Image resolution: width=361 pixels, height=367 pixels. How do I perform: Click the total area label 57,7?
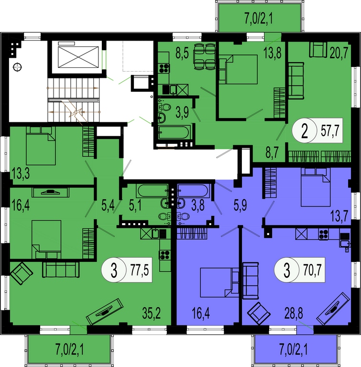point(330,130)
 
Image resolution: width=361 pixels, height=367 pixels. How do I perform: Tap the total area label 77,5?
point(140,270)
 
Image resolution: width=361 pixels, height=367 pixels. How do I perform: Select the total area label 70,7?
point(313,270)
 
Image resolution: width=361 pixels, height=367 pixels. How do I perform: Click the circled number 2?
point(304,131)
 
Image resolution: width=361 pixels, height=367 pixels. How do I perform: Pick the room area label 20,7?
point(339,53)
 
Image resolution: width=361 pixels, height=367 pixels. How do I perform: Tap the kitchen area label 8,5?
point(182,53)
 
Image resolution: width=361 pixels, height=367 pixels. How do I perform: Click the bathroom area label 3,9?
point(182,112)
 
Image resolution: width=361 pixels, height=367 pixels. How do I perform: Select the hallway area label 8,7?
point(272,153)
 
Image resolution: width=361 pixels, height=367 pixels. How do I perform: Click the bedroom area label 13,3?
point(21,174)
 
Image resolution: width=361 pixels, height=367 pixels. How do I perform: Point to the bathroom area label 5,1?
point(135,206)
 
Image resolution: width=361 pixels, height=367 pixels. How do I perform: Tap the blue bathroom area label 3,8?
point(198,206)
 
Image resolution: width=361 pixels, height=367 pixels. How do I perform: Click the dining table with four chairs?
point(204,56)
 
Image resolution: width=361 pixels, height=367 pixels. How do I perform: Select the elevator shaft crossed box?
point(78,57)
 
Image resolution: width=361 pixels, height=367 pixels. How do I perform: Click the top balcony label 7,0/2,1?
point(259,19)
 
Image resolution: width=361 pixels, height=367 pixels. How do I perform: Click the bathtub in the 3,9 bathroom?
point(175,132)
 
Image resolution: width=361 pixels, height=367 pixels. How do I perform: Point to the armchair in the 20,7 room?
point(318,50)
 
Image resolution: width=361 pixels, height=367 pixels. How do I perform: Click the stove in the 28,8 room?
point(323,234)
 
